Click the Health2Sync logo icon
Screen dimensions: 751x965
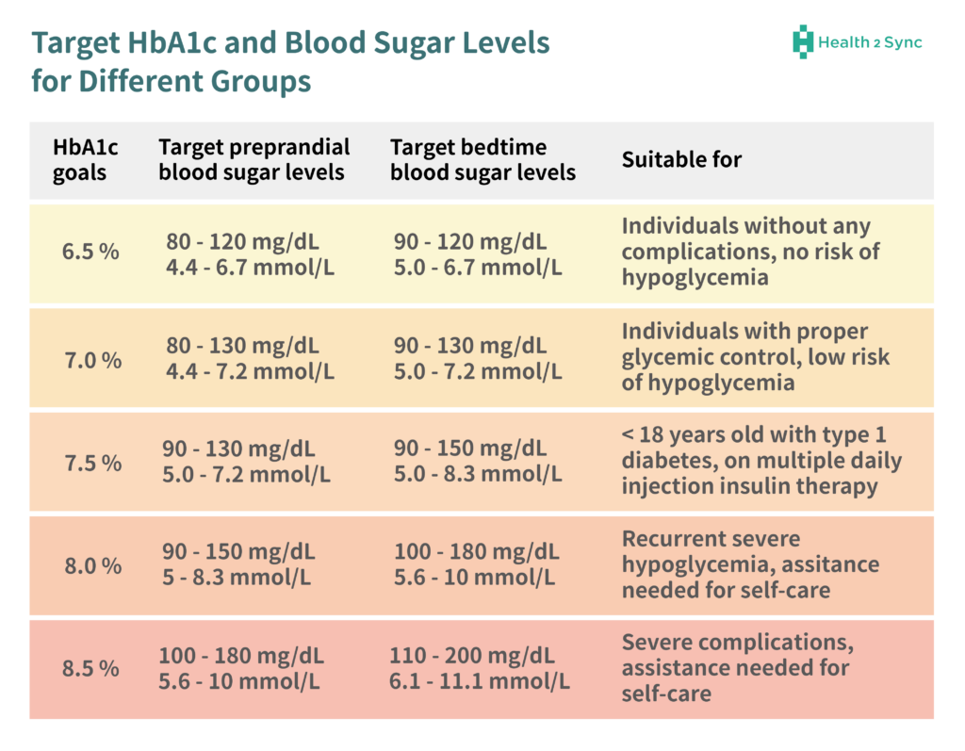pos(802,41)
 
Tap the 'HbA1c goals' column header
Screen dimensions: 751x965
pos(79,160)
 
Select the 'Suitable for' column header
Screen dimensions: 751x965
pos(681,160)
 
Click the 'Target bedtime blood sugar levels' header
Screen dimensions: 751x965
pos(482,160)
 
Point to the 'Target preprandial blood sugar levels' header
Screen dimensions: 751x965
pos(254,160)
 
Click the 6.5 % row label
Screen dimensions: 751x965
pos(91,253)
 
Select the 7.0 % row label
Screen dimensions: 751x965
pos(91,359)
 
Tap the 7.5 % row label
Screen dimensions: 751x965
pos(91,463)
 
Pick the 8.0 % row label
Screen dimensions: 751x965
pos(91,565)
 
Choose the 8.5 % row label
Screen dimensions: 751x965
pos(91,668)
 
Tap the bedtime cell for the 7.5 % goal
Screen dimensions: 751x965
pos(477,462)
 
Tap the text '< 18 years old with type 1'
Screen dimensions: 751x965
pos(754,436)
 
